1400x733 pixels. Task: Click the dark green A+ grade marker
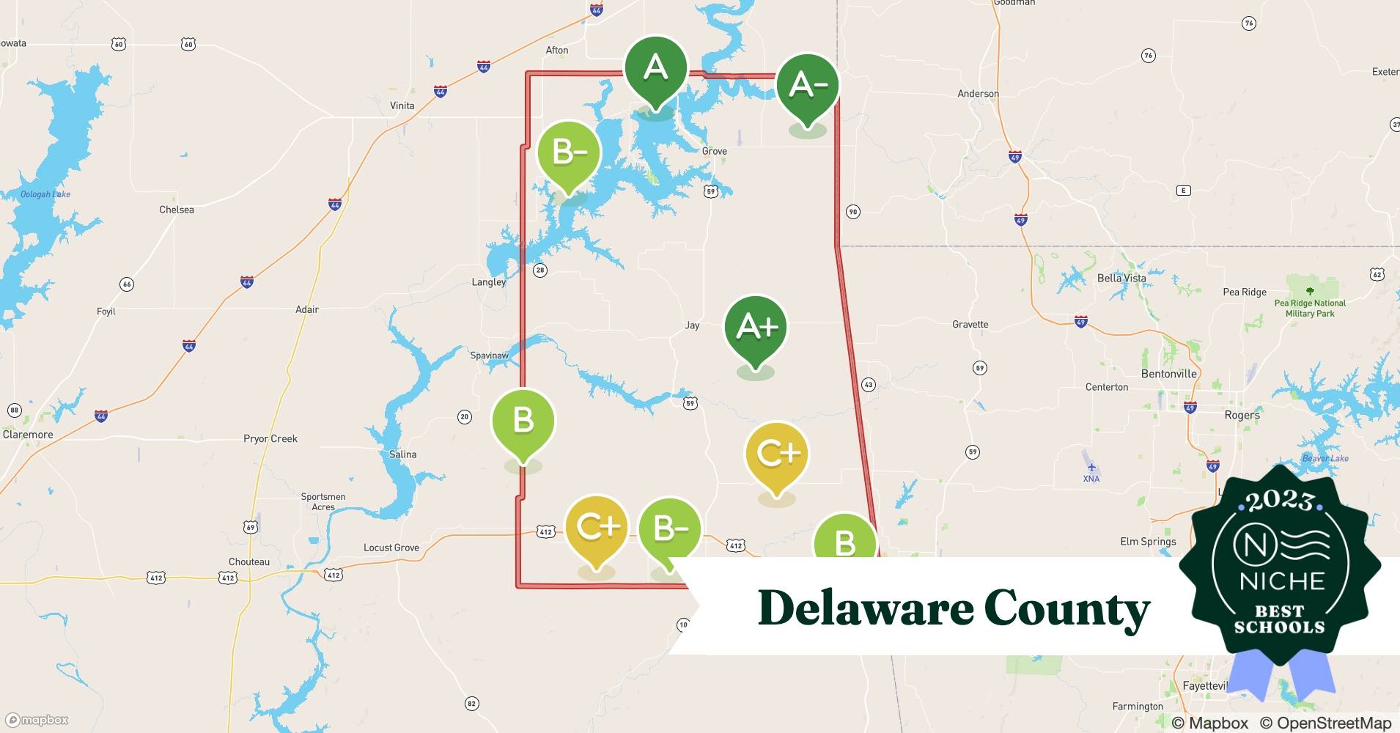tap(755, 328)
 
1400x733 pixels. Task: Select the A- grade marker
tap(807, 86)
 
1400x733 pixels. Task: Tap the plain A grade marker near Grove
tap(655, 68)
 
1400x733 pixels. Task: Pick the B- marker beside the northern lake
tap(569, 152)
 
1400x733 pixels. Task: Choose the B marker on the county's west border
tap(523, 421)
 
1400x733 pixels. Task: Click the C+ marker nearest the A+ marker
tap(776, 454)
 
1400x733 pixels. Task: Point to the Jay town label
tap(692, 325)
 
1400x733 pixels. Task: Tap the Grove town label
tap(714, 151)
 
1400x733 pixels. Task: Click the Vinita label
tap(402, 106)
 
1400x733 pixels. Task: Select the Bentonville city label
tap(1168, 374)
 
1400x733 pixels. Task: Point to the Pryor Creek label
tap(270, 438)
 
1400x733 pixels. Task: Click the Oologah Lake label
tap(45, 194)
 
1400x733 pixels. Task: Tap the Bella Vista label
tap(1121, 278)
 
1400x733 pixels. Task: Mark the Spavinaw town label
tap(489, 356)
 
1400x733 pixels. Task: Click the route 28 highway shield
tap(540, 270)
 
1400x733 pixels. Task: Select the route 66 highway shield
tap(127, 284)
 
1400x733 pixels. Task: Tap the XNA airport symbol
tap(1091, 468)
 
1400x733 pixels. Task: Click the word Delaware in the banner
tap(864, 608)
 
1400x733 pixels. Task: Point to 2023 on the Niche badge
tap(1279, 501)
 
